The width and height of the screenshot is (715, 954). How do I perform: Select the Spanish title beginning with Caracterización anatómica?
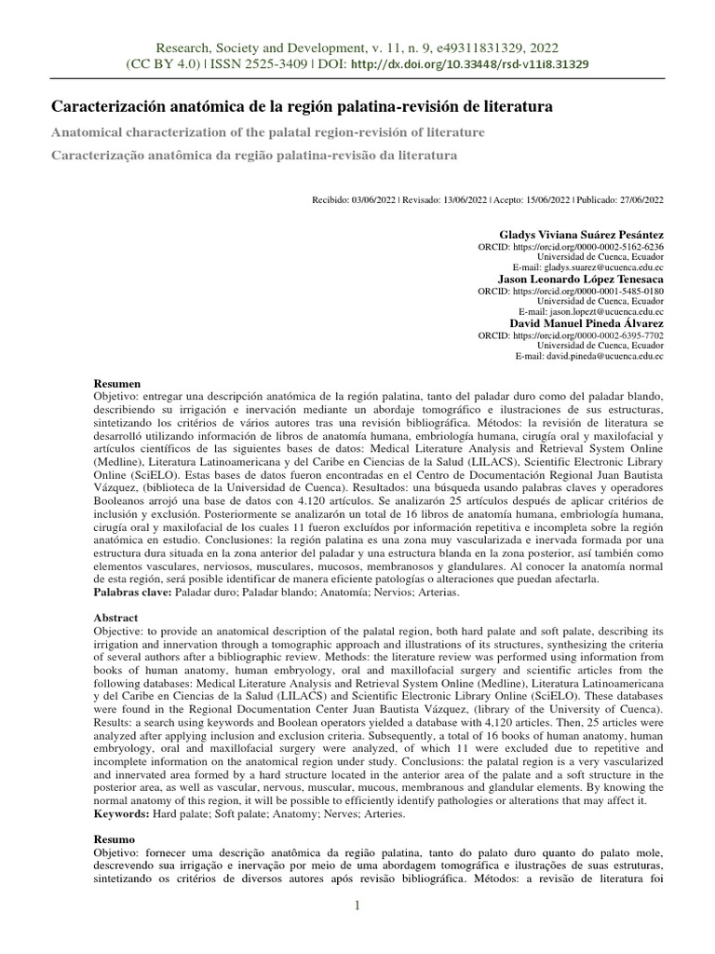click(301, 107)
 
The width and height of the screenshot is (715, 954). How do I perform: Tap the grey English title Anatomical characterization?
click(267, 132)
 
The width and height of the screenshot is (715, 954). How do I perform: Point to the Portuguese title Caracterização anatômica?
click(253, 155)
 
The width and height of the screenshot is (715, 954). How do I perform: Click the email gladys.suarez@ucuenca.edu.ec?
click(596, 267)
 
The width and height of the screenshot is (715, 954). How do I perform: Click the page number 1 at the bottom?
click(357, 906)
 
